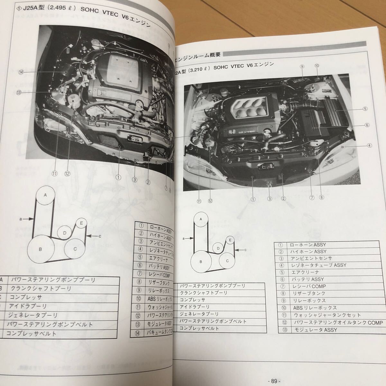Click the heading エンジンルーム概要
[198, 54]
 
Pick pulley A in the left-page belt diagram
[45, 195]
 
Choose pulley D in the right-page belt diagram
[218, 248]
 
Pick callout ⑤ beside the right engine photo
[365, 109]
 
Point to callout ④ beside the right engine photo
[370, 145]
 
